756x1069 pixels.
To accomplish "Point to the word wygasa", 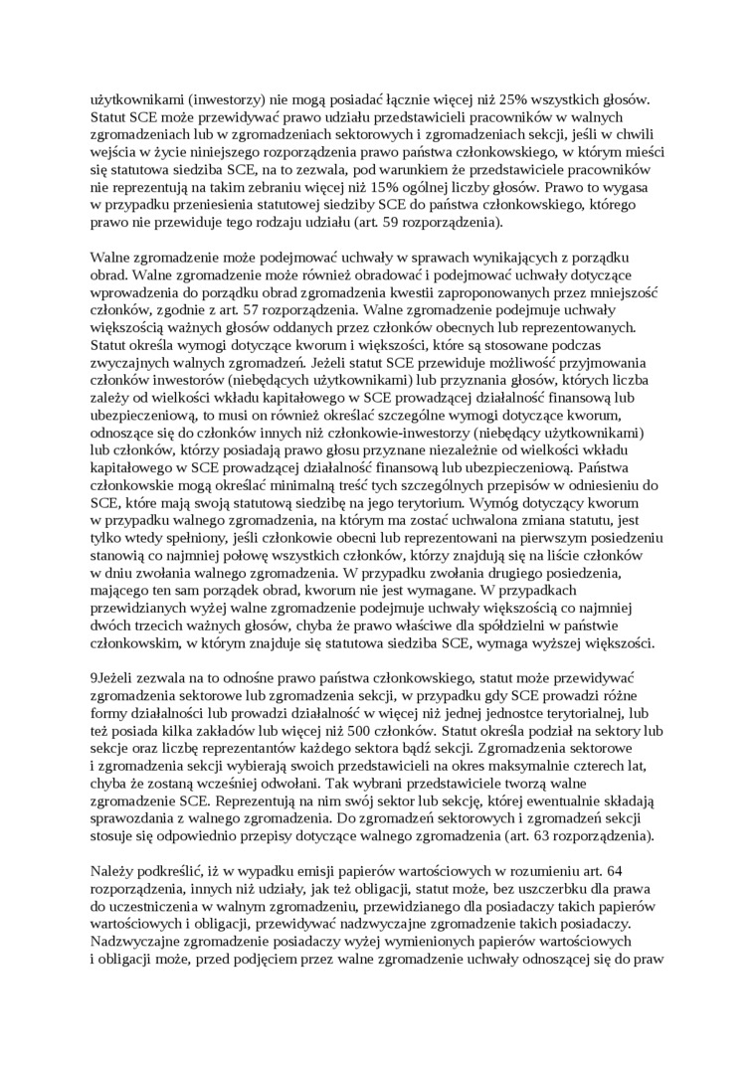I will click(632, 184).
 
